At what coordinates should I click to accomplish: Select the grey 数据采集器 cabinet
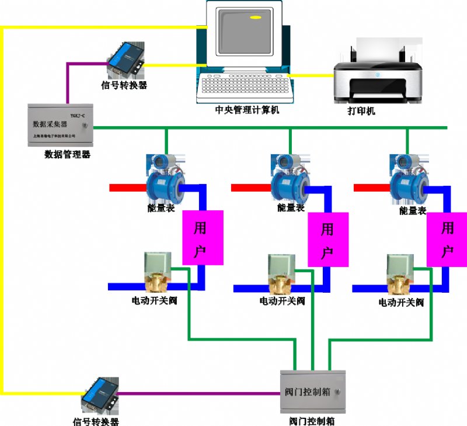pyautogui.click(x=60, y=124)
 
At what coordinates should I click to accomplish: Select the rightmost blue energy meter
pyautogui.click(x=409, y=183)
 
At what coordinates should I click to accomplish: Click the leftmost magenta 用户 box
pyautogui.click(x=203, y=237)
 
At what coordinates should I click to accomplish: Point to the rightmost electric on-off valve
pyautogui.click(x=400, y=275)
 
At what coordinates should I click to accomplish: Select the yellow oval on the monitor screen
pyautogui.click(x=255, y=18)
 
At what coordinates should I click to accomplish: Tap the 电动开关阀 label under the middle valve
pyautogui.click(x=283, y=302)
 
